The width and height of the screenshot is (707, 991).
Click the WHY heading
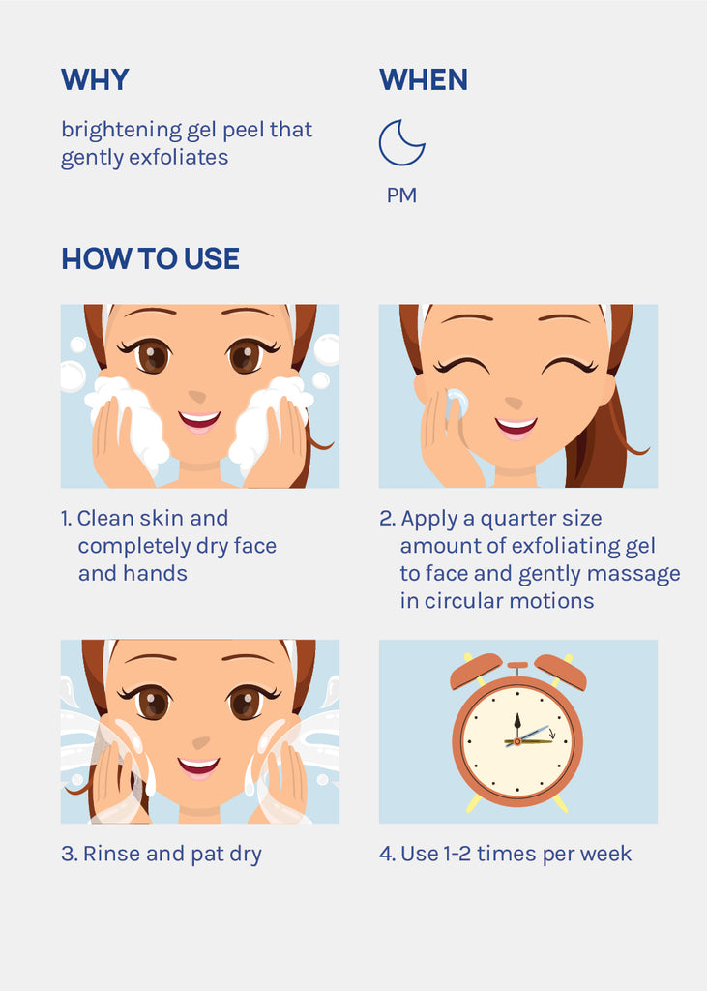tap(95, 80)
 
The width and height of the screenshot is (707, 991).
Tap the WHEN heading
tap(424, 80)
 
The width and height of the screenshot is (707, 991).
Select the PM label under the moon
tap(401, 195)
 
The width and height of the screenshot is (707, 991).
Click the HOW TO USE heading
tap(150, 259)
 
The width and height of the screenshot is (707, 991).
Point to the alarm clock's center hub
tap(517, 741)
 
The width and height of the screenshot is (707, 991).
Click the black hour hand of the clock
tap(517, 726)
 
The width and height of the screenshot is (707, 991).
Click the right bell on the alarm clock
tap(560, 672)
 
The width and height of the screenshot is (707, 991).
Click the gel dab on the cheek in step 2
tap(457, 403)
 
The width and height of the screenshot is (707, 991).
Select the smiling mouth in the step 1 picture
tap(199, 420)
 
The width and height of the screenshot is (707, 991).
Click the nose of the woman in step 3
tap(201, 741)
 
